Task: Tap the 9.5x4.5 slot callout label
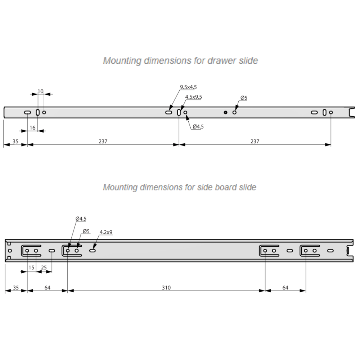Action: coord(188,87)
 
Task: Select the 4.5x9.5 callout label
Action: coord(194,97)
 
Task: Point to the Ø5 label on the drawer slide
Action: coord(244,98)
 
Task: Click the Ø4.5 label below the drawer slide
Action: coord(198,126)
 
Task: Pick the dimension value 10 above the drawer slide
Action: coord(40,91)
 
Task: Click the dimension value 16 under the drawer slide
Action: coord(33,128)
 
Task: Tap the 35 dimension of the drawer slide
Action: coord(15,141)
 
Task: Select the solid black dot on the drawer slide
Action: coord(225,113)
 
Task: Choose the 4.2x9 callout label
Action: coord(106,233)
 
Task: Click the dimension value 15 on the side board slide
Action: coord(31,267)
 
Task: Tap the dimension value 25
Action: coord(44,267)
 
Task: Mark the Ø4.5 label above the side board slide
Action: coord(81,218)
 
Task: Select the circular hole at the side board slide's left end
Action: coord(10,251)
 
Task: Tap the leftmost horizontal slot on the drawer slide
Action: coord(27,113)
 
